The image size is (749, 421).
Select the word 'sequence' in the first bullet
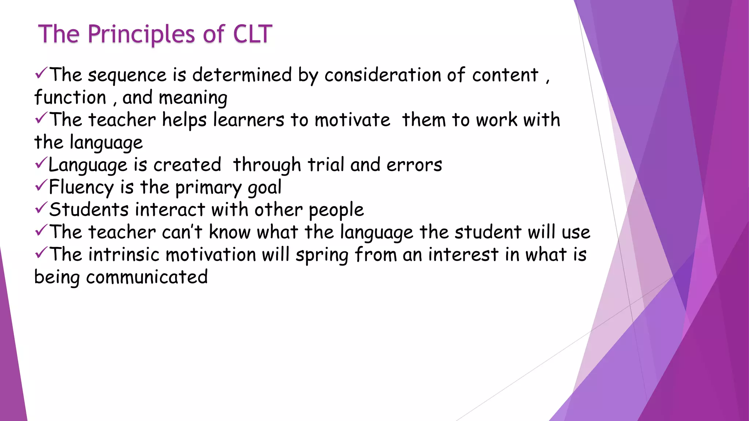[127, 75]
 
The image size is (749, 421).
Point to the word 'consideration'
[383, 75]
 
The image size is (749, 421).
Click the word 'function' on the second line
[70, 98]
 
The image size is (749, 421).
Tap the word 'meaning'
[193, 98]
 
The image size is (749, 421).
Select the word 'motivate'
[352, 120]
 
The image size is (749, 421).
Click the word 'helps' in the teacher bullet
[184, 120]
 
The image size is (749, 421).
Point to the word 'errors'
[414, 165]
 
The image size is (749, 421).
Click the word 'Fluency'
[81, 187]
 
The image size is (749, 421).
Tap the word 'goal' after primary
[264, 188]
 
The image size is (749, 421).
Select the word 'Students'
[89, 210]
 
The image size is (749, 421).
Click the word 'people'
[336, 210]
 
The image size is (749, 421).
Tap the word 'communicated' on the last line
[147, 277]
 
